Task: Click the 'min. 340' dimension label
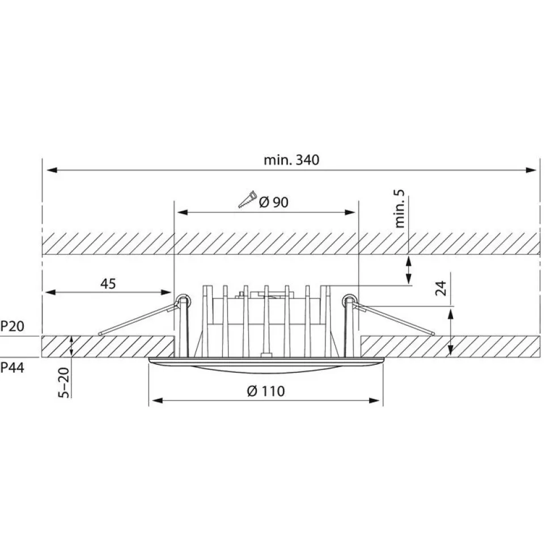(x=291, y=160)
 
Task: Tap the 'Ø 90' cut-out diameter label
(x=274, y=202)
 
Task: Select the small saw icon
(x=247, y=199)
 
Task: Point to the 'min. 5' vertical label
(x=400, y=208)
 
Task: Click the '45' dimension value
(x=108, y=283)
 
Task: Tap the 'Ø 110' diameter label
(x=266, y=391)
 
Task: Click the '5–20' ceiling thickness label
(x=64, y=382)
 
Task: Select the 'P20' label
(x=12, y=326)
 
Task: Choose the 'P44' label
(x=12, y=368)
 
